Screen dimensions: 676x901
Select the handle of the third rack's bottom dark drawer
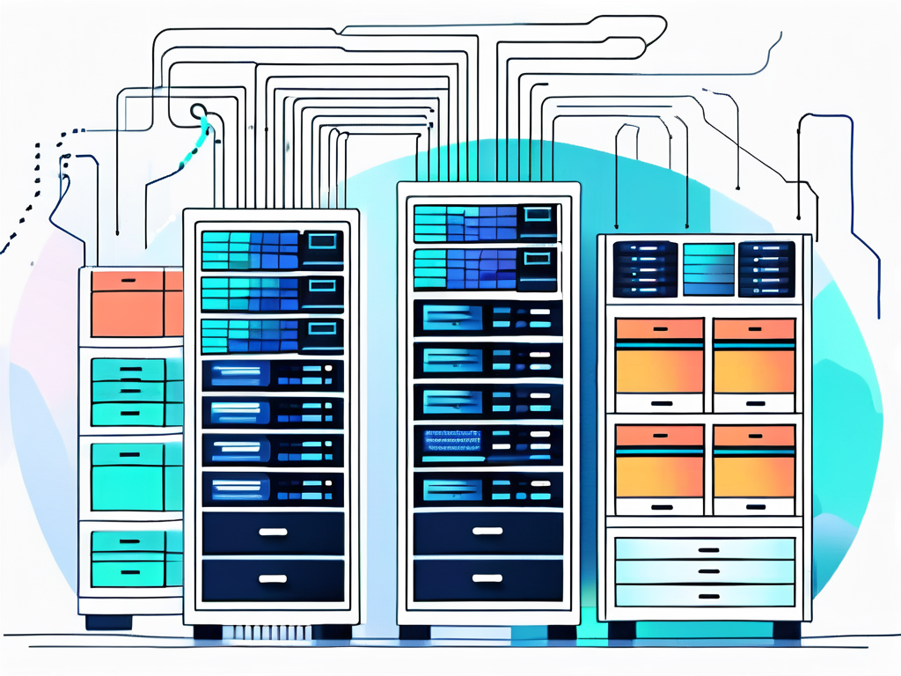(x=487, y=578)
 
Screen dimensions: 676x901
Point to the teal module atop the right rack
(x=707, y=268)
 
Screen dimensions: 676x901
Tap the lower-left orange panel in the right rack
(x=660, y=462)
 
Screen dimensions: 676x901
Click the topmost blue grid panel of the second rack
(x=250, y=250)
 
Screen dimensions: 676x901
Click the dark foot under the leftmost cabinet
(x=108, y=621)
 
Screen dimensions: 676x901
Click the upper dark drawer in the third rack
(x=487, y=533)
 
